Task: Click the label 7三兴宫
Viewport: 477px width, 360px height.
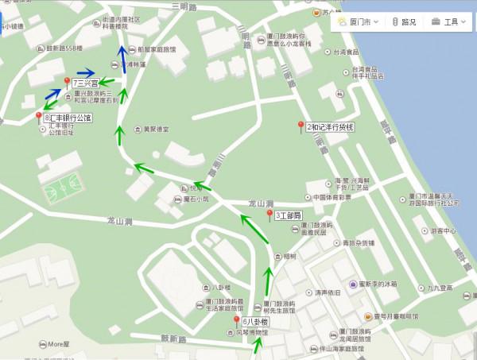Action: click(x=86, y=83)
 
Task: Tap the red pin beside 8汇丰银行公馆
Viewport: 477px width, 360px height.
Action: click(x=38, y=118)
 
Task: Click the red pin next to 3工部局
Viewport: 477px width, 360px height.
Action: click(x=270, y=215)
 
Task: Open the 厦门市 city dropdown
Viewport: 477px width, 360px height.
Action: click(x=358, y=22)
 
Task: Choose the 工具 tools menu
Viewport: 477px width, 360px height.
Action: click(x=451, y=22)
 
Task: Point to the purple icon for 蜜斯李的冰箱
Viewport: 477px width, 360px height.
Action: click(x=354, y=284)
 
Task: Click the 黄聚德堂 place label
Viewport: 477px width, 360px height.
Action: click(x=156, y=130)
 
